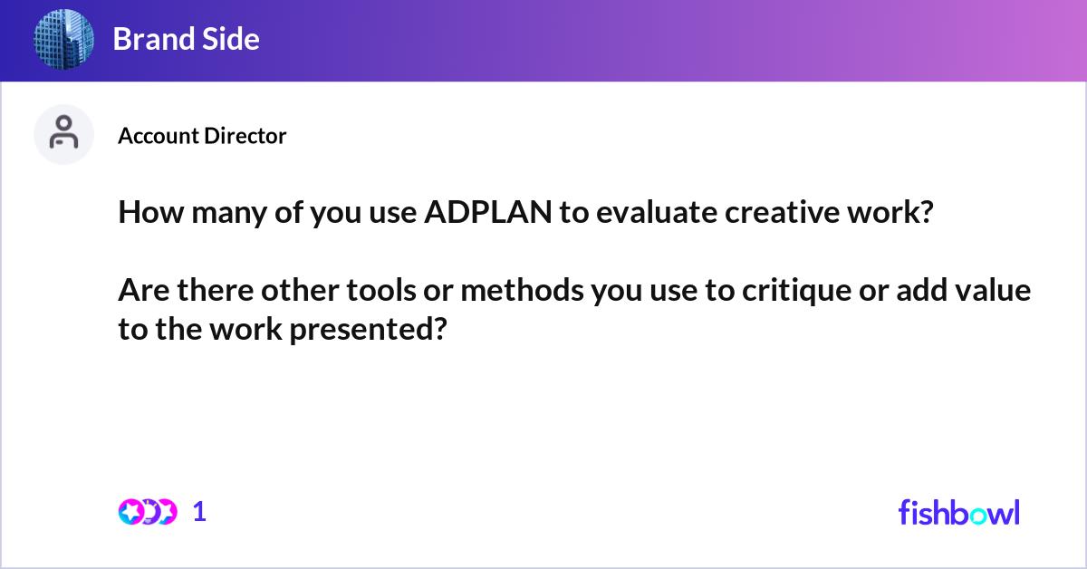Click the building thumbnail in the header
64,39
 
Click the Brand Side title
186,39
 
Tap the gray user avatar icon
63,134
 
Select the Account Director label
202,136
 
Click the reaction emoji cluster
148,512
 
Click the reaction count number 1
200,512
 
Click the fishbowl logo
958,512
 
